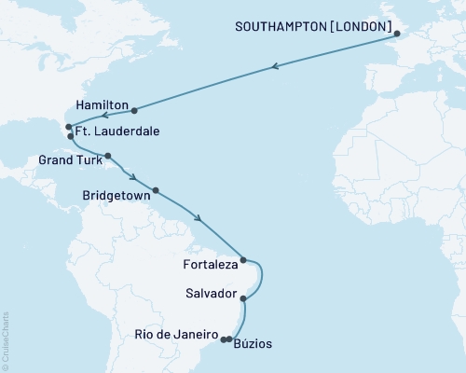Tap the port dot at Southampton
[x=398, y=35]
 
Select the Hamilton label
[x=100, y=109]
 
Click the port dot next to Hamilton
[x=134, y=110]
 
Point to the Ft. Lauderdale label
[x=116, y=132]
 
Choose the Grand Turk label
[x=70, y=159]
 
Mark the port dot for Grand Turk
[x=108, y=156]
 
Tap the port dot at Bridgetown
[x=155, y=190]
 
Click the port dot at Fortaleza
[x=243, y=260]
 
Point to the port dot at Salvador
[x=243, y=298]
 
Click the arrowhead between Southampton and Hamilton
[x=276, y=66]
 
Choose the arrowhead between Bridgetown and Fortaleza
[x=199, y=219]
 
